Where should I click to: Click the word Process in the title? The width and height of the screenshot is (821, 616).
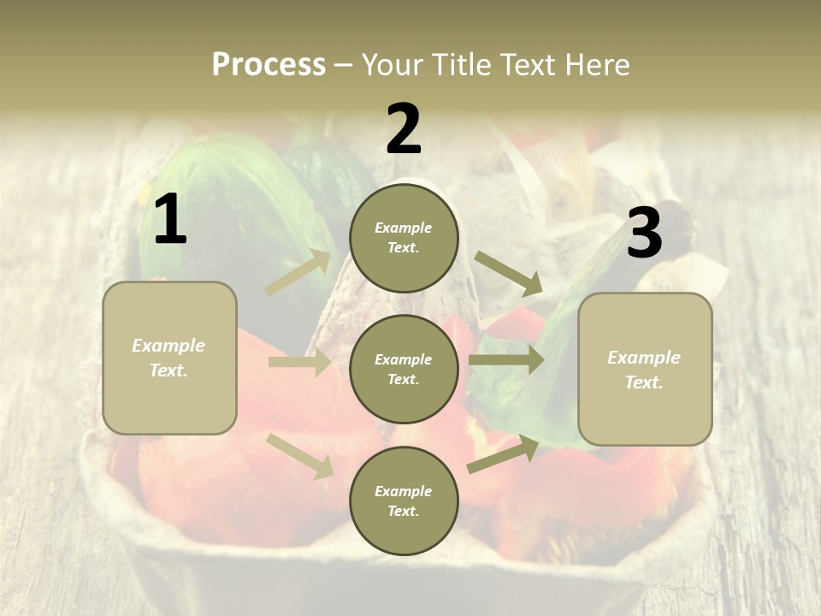(269, 65)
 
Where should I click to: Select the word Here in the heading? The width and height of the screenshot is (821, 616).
(596, 65)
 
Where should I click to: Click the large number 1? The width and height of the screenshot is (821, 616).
(170, 220)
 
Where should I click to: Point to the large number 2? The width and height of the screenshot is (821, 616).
(404, 129)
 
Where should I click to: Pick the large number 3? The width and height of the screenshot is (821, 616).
(644, 234)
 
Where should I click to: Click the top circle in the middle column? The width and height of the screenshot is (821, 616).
(404, 238)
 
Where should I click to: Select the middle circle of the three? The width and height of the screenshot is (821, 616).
(404, 369)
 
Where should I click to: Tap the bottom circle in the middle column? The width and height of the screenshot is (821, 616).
(404, 500)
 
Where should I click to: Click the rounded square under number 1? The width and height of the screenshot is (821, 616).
(169, 358)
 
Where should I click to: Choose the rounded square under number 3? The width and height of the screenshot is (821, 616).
(645, 370)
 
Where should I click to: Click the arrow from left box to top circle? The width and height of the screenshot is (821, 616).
(298, 273)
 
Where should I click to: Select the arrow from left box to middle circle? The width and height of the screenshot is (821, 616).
(300, 363)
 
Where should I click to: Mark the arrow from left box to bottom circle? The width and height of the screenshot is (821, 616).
(300, 455)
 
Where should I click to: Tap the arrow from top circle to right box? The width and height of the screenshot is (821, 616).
(508, 273)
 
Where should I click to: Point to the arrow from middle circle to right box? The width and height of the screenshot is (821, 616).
(505, 360)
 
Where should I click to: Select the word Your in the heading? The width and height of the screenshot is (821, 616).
(389, 65)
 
